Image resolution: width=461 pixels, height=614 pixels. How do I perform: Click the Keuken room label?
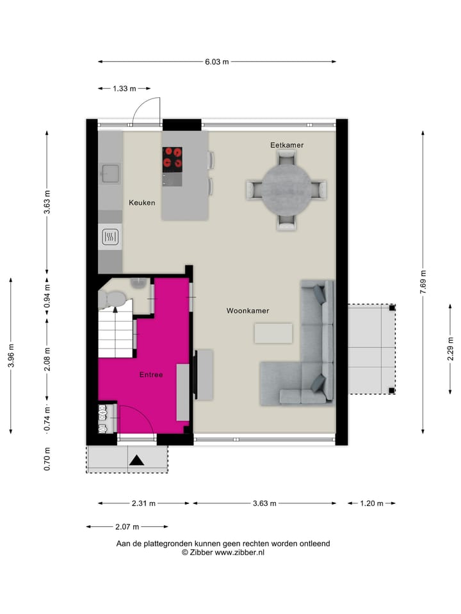pyautogui.click(x=142, y=203)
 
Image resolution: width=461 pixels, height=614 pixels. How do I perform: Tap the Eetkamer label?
pyautogui.click(x=286, y=145)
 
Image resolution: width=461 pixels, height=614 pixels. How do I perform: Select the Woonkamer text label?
pyautogui.click(x=247, y=311)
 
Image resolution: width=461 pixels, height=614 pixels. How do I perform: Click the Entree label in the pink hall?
pyautogui.click(x=150, y=375)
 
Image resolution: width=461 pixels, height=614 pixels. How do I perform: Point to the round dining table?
pyautogui.click(x=286, y=188)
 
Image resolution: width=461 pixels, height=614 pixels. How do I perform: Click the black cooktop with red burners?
pyautogui.click(x=172, y=157)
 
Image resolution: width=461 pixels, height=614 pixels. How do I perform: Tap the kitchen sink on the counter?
pyautogui.click(x=109, y=173)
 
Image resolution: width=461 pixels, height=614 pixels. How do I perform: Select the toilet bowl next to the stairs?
pyautogui.click(x=114, y=298)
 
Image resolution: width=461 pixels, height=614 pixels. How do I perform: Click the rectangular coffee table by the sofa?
pyautogui.click(x=273, y=333)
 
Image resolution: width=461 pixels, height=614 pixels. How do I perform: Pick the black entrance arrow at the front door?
pyautogui.click(x=136, y=459)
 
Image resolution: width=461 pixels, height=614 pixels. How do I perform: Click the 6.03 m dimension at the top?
pyautogui.click(x=216, y=62)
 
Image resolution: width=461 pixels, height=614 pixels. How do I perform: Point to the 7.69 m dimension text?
pyautogui.click(x=423, y=281)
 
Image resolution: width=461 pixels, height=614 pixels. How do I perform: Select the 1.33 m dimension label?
pyautogui.click(x=124, y=89)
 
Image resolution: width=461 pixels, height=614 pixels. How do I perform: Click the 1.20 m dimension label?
pyautogui.click(x=371, y=503)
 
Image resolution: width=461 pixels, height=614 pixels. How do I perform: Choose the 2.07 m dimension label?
pyautogui.click(x=127, y=527)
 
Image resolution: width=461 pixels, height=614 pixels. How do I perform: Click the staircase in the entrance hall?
pyautogui.click(x=116, y=333)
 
